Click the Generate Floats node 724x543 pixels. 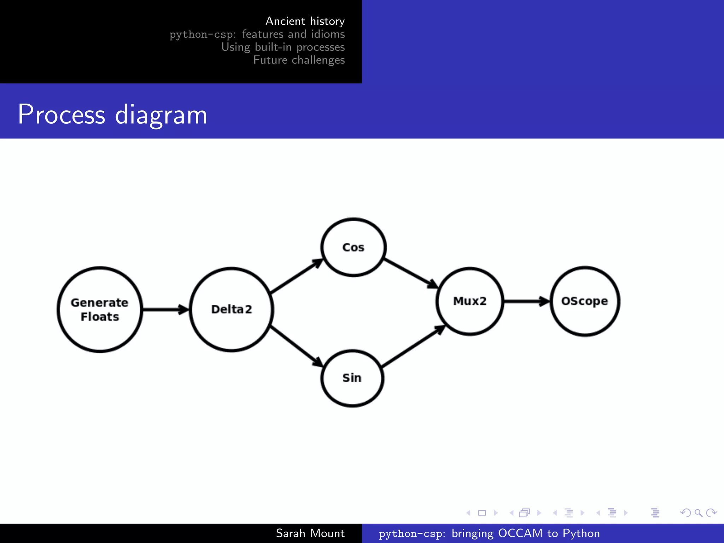point(100,309)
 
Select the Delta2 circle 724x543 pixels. point(232,309)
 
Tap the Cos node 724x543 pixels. point(353,247)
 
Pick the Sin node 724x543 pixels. point(352,378)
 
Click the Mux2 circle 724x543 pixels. point(470,301)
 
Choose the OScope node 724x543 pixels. point(585,301)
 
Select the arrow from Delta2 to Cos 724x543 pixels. point(296,276)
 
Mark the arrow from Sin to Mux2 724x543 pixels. point(413,346)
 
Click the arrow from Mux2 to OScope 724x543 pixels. point(526,301)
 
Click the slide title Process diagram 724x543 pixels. point(112,115)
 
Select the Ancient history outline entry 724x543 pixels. point(305,21)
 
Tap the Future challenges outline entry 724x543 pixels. point(299,60)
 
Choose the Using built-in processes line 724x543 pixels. point(283,47)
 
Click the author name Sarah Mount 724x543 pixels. point(310,533)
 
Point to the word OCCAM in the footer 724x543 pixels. point(520,533)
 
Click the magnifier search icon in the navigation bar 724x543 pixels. point(698,513)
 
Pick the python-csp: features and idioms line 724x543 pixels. point(257,34)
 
